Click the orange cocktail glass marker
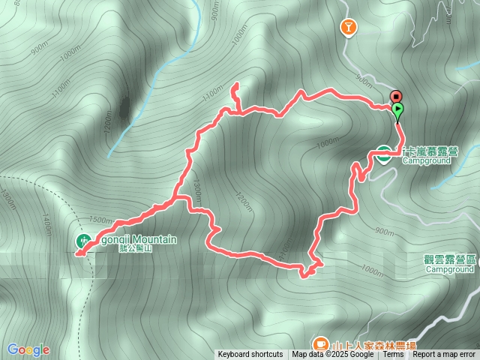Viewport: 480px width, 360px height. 349,28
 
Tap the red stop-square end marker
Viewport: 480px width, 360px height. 396,96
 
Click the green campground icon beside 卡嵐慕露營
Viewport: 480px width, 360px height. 382,154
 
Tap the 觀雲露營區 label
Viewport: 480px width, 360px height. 450,259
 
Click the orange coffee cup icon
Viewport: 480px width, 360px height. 320,343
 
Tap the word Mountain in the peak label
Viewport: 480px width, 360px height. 157,239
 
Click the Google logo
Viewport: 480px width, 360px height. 28,349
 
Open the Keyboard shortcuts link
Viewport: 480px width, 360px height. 250,355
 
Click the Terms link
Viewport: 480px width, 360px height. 393,355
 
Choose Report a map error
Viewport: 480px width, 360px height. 444,355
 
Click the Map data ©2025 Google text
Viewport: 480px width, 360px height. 333,355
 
